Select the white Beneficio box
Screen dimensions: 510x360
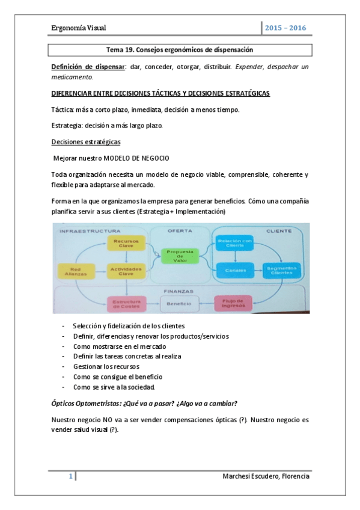pos(179,304)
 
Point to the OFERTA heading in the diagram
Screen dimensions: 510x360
pos(180,230)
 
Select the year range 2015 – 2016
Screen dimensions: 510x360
pos(286,28)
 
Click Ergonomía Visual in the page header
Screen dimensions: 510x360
pos(78,28)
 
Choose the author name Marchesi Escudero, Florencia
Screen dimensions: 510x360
pos(266,476)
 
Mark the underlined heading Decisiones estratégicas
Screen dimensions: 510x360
pos(86,142)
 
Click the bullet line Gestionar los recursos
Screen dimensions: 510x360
pos(105,366)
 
